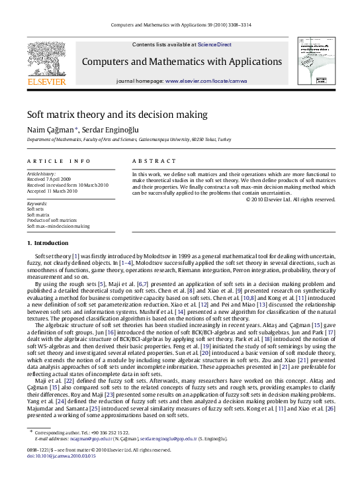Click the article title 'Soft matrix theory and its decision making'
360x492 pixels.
(117, 114)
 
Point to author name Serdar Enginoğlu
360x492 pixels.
(111, 130)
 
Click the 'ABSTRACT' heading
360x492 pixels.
(154, 161)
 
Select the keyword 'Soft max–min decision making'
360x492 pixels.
(58, 226)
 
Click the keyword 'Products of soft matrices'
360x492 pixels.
(52, 220)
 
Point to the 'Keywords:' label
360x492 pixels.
(37, 203)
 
